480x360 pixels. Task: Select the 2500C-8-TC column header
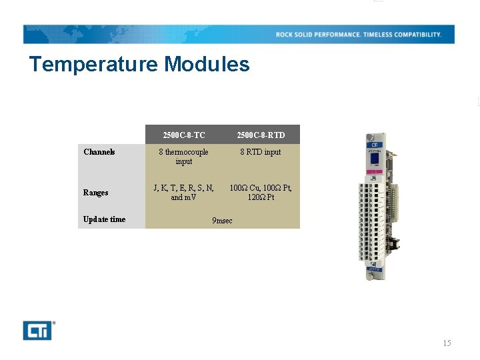click(x=184, y=135)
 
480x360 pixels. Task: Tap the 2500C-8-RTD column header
click(x=261, y=135)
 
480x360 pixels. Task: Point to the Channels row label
click(x=99, y=152)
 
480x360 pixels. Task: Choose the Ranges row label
click(x=96, y=193)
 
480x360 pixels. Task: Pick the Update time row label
click(x=105, y=219)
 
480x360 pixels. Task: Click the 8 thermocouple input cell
click(x=184, y=157)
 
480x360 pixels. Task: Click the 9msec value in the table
click(x=222, y=221)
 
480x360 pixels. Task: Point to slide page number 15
click(x=447, y=343)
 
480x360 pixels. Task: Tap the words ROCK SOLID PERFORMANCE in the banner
click(x=318, y=35)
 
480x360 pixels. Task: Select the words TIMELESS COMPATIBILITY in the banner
click(x=402, y=35)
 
